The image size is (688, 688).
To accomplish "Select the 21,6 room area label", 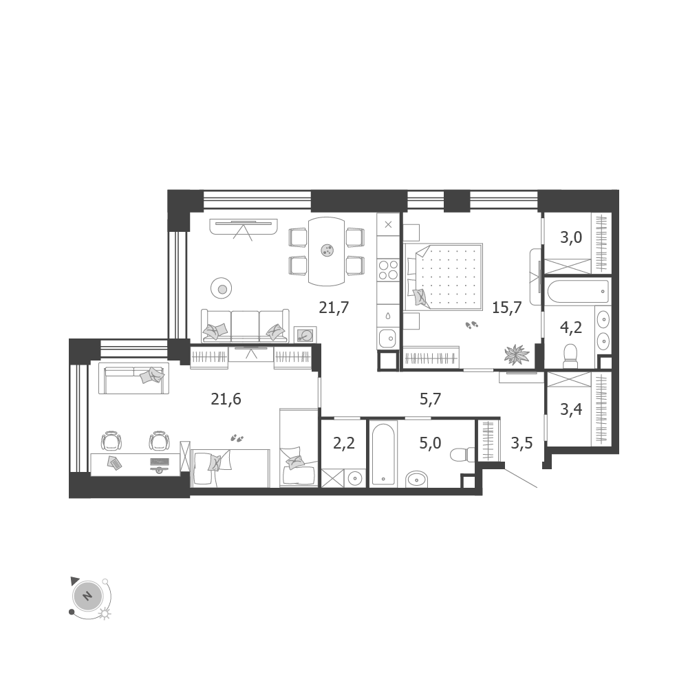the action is coord(226,400).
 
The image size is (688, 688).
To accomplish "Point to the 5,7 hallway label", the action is coord(431,399).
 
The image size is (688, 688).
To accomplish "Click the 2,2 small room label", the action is coord(344,444).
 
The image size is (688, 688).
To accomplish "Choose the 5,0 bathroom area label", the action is coord(430,444).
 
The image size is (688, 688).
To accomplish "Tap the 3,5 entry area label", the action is coord(522,444).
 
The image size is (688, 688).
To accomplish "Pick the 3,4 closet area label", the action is coord(571,410).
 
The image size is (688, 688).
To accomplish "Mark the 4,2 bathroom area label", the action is coord(571,327).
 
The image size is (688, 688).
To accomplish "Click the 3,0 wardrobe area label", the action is coord(571,238).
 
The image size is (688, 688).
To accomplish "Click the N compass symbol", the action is coord(88,596).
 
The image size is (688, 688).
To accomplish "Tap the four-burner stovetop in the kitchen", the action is coord(388,270).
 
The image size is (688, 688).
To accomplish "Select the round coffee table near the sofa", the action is coord(222,289).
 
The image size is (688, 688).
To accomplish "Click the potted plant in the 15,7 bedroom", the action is coord(517,354).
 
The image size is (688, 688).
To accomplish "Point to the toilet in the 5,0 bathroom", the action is coord(462,454).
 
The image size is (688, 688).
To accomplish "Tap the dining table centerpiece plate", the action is coord(327,250).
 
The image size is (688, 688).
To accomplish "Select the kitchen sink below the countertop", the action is coord(388,338).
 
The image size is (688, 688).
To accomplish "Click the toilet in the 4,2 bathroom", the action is coord(570,356).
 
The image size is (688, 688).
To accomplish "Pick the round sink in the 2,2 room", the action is coord(355,478).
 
